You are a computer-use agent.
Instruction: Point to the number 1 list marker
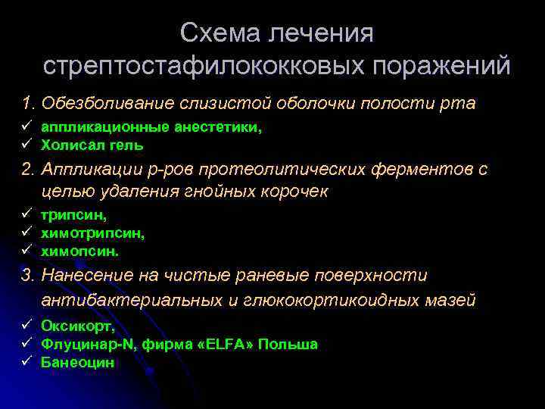tap(29, 103)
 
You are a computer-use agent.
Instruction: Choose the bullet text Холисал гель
tap(92, 144)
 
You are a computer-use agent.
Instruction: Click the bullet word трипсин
tap(73, 217)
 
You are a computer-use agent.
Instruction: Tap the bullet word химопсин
tap(79, 249)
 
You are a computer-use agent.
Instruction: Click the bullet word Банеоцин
tap(77, 362)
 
